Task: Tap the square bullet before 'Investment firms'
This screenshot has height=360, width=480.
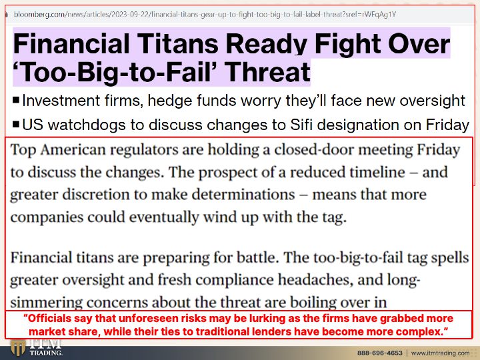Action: click(x=16, y=100)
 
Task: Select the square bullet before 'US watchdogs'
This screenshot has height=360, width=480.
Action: click(x=16, y=125)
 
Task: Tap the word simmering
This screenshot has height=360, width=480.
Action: click(x=46, y=303)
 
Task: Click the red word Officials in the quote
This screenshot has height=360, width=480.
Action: click(x=47, y=319)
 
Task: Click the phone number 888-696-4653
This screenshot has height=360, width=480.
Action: click(x=379, y=353)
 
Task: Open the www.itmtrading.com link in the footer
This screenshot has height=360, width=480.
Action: click(x=440, y=353)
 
